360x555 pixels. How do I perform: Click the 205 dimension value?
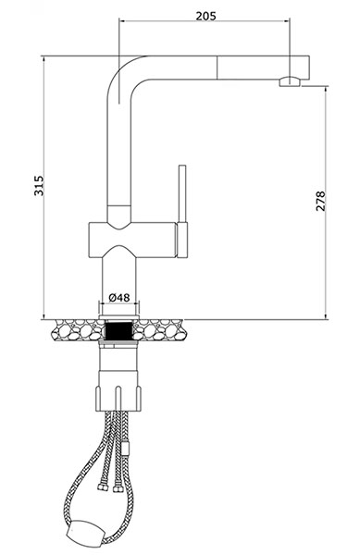click(205, 16)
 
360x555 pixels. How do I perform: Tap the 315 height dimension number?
click(39, 186)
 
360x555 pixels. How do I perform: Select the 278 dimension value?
click(320, 201)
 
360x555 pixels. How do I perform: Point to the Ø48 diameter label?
click(119, 298)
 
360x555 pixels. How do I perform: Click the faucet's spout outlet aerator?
click(290, 81)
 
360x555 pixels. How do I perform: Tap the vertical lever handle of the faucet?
click(182, 193)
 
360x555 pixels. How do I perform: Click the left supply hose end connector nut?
click(103, 487)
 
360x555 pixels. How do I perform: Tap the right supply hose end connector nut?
click(118, 488)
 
